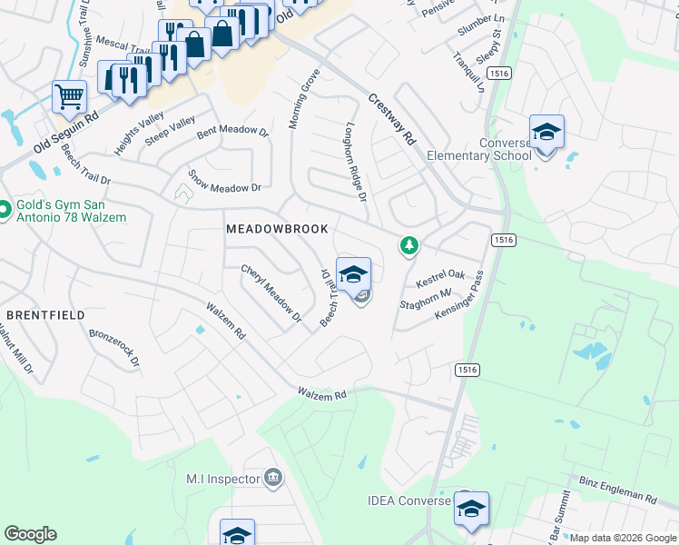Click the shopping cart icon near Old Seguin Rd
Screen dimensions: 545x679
click(69, 95)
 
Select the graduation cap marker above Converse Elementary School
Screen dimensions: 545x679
click(546, 132)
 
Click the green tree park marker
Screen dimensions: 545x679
click(409, 244)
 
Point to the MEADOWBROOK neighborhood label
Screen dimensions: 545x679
click(277, 229)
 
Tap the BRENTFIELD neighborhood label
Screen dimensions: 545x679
click(45, 314)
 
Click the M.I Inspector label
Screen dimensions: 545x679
click(222, 479)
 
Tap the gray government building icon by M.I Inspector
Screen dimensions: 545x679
click(272, 479)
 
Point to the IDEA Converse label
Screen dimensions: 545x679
click(408, 500)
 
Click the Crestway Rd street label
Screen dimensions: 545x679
click(392, 120)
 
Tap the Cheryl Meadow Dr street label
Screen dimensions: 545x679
click(271, 293)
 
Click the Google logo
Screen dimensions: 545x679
click(29, 534)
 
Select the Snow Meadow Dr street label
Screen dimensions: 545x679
click(224, 180)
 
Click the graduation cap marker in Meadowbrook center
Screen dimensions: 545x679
click(353, 274)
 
